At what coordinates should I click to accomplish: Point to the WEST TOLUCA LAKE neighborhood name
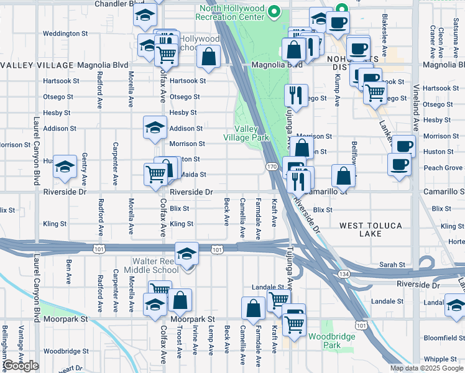[x=370, y=229]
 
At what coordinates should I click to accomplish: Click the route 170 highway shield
[x=272, y=167]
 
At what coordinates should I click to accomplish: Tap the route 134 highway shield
[x=343, y=274]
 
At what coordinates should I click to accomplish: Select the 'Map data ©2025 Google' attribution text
[x=426, y=368]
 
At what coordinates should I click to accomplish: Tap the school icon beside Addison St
[x=155, y=128]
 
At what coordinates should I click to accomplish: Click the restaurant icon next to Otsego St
[x=295, y=95]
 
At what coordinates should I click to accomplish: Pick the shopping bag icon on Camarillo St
[x=343, y=176]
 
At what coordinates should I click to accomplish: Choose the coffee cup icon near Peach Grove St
[x=398, y=165]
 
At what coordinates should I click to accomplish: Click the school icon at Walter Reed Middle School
[x=186, y=254]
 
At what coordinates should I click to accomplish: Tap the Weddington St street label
[x=69, y=33]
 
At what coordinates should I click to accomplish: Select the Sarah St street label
[x=394, y=265]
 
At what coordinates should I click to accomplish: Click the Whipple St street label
[x=440, y=359]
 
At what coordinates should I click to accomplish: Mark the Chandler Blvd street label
[x=119, y=4]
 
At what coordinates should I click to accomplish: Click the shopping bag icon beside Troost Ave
[x=180, y=301]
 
